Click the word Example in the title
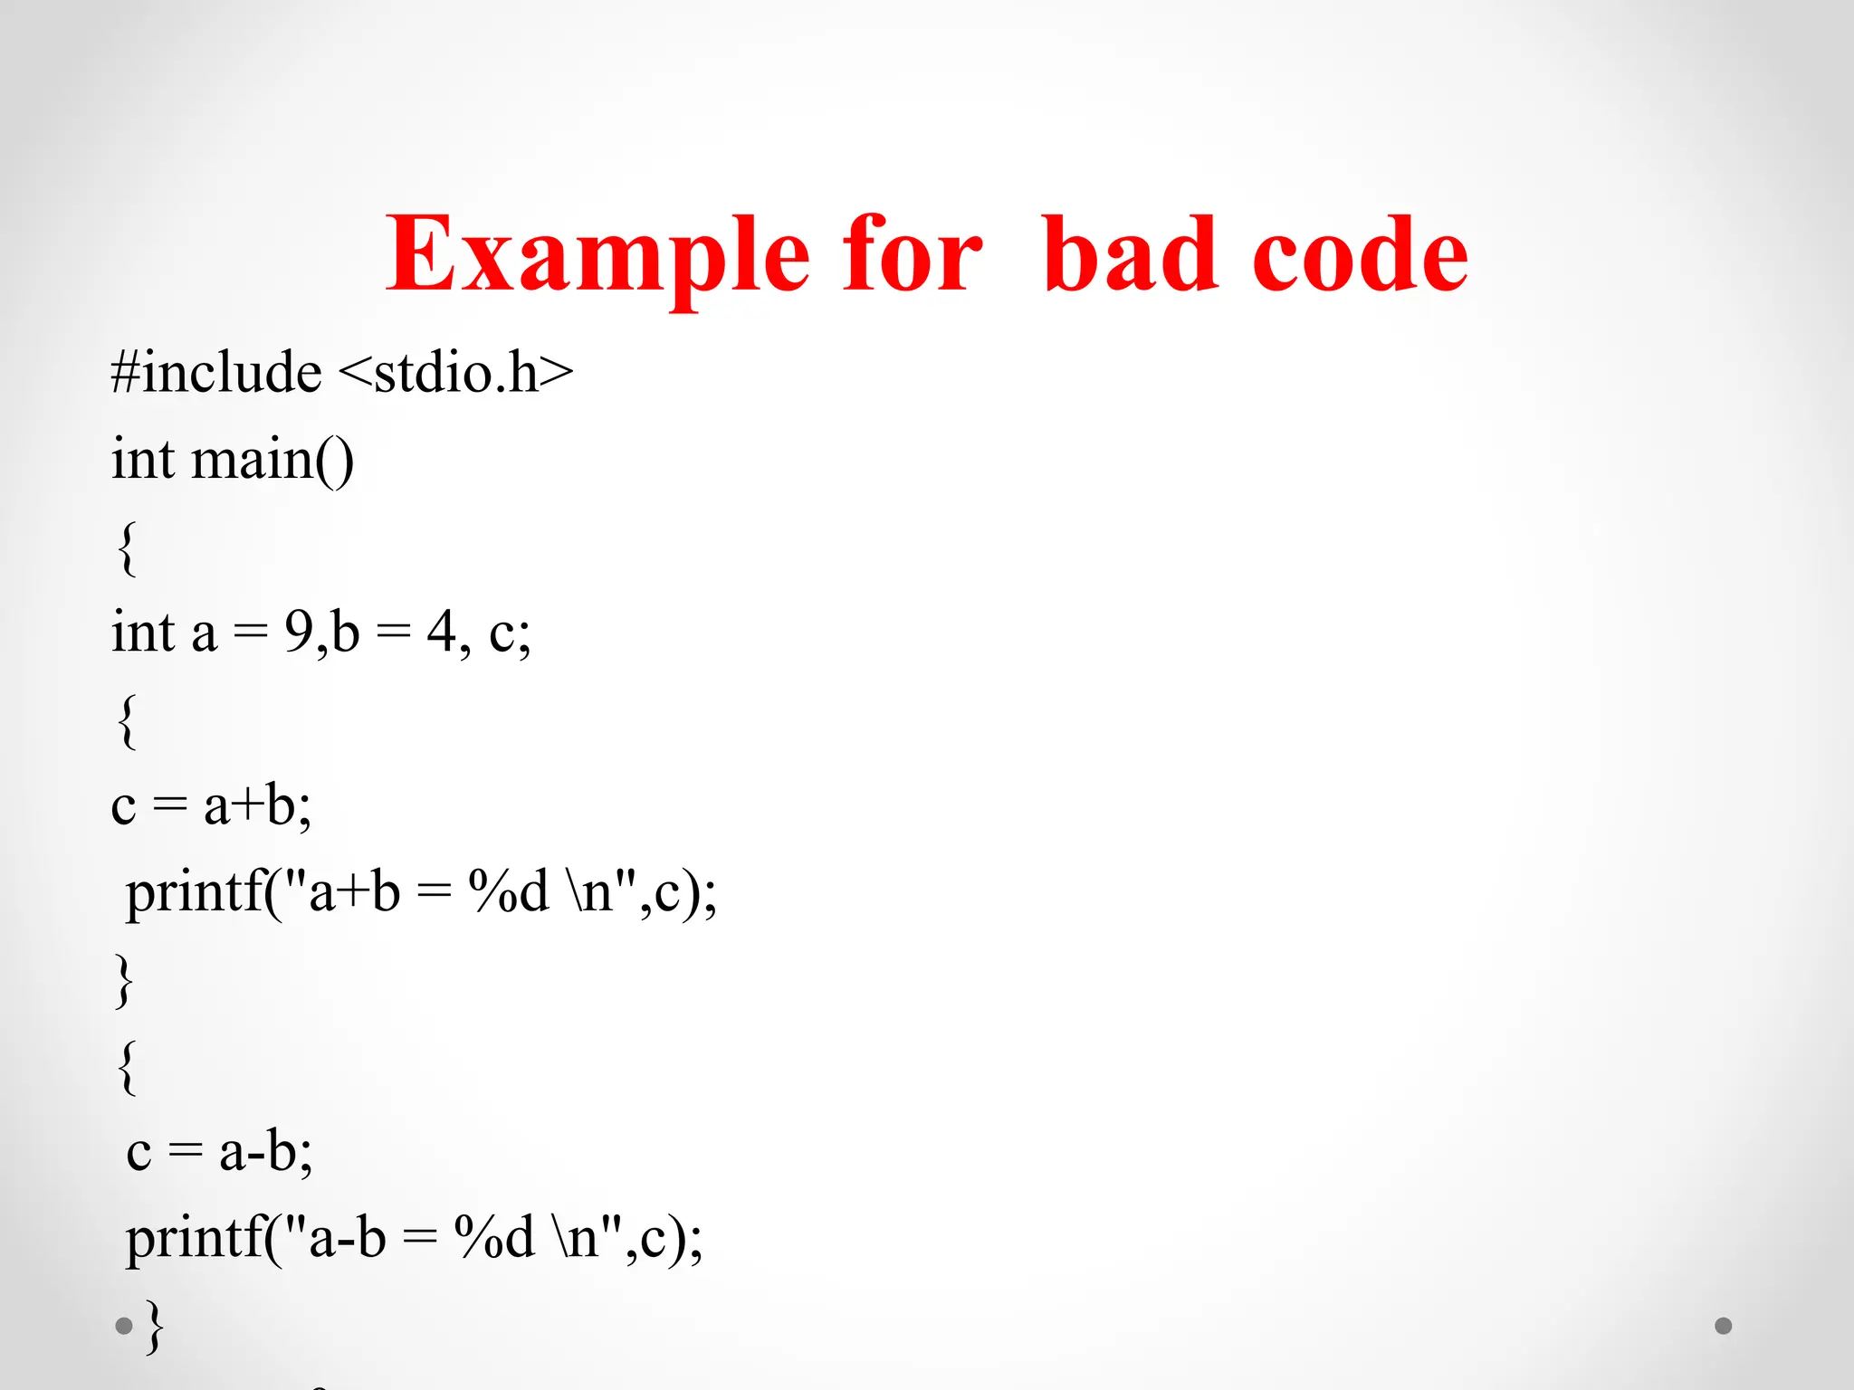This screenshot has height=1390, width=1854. click(597, 256)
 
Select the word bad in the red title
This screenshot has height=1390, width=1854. click(1130, 256)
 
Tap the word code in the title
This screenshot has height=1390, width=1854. click(1360, 256)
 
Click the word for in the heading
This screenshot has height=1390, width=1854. click(912, 256)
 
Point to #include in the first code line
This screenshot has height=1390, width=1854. click(215, 372)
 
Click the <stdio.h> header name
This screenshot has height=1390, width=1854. click(456, 372)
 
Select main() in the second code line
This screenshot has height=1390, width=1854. click(272, 459)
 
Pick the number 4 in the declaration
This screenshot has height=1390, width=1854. click(441, 631)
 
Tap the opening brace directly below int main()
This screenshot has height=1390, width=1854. click(128, 547)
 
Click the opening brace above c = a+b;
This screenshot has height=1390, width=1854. click(128, 721)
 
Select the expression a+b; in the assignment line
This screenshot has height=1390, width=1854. click(257, 804)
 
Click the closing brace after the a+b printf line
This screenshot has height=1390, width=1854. click(124, 980)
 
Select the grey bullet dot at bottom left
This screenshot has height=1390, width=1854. click(124, 1327)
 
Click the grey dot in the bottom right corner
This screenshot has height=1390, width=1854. click(1724, 1326)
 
